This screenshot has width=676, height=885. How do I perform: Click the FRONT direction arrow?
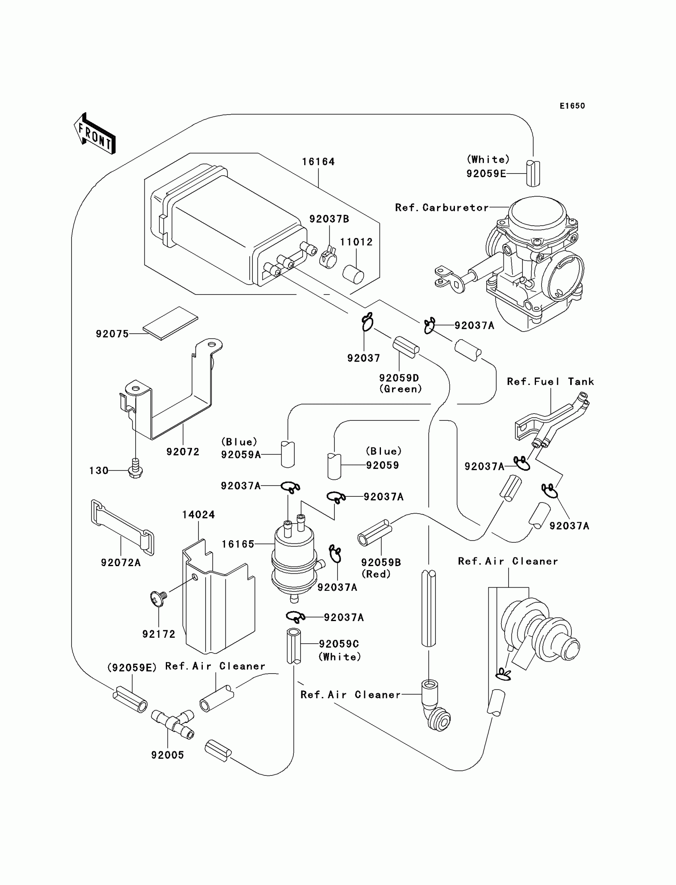click(95, 133)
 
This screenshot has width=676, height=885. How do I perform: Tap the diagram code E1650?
click(572, 106)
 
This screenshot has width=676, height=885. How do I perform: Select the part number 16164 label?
click(318, 162)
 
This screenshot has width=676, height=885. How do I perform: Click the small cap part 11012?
click(353, 274)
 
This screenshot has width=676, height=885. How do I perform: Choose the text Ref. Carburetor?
click(442, 208)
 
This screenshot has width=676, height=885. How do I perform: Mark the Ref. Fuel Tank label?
click(550, 381)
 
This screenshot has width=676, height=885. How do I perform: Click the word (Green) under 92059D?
click(401, 389)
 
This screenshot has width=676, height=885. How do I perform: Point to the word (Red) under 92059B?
click(376, 574)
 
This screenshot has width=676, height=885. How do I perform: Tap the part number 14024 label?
click(198, 515)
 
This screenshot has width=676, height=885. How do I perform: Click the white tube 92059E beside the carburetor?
click(533, 173)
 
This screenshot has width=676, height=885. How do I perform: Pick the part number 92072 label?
click(183, 452)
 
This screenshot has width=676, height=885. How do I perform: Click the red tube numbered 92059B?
click(375, 533)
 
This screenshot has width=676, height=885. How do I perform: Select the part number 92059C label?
click(339, 644)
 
